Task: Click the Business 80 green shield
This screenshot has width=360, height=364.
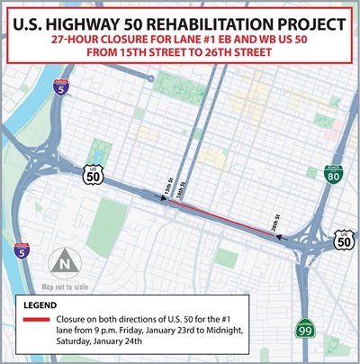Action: (x=333, y=176)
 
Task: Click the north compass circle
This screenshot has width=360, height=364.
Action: (x=63, y=265)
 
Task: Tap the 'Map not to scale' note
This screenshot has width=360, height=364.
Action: (x=65, y=287)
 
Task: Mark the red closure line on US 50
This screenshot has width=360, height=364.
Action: (x=225, y=216)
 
